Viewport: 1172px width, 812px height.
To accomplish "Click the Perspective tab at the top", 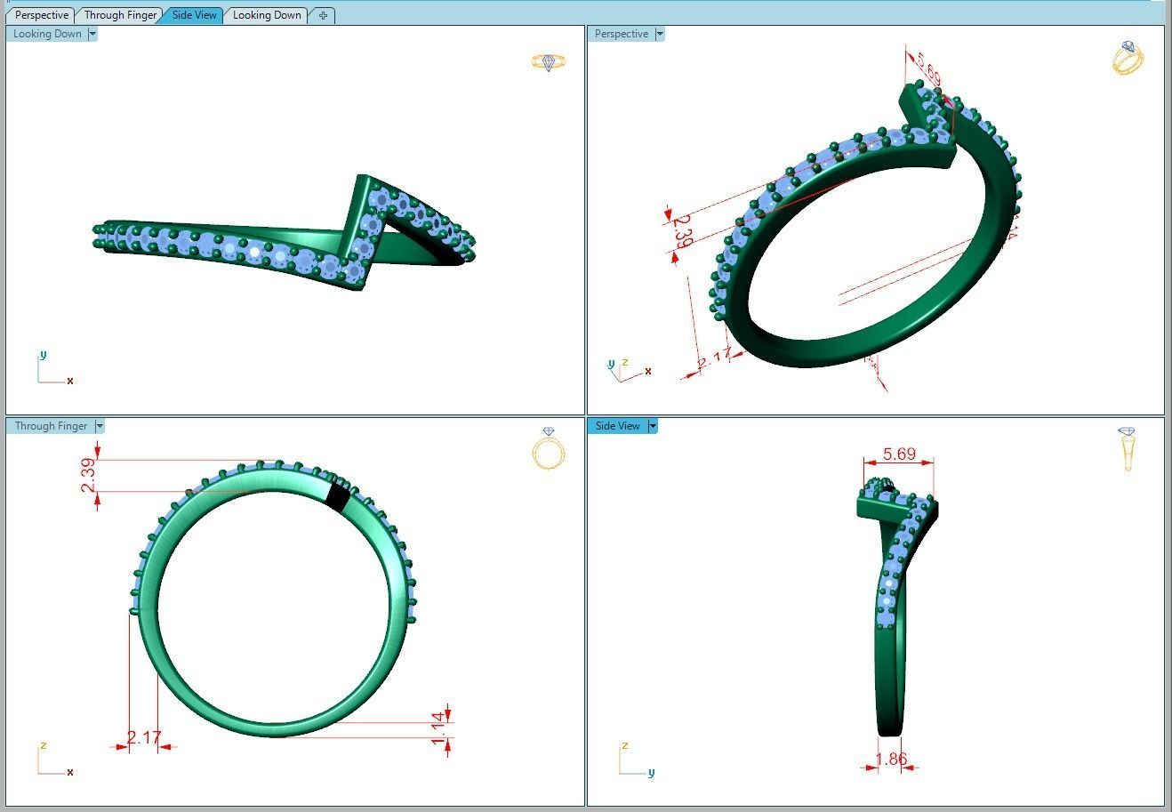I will point(42,15).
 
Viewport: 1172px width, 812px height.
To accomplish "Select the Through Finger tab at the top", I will point(120,15).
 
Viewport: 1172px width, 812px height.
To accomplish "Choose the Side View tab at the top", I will point(194,15).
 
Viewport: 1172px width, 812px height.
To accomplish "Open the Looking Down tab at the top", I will point(267,15).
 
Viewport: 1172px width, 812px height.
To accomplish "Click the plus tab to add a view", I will point(323,15).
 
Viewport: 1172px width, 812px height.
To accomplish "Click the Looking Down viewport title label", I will point(47,34).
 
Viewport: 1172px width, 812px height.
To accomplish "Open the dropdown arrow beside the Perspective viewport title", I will point(659,34).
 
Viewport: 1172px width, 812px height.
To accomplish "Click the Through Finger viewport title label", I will point(51,426).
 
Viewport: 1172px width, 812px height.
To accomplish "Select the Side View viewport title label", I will point(617,426).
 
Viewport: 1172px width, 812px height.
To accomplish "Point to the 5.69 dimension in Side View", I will point(899,454).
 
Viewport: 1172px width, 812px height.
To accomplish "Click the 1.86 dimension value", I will point(891,760).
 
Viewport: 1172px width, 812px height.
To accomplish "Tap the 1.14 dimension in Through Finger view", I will point(437,728).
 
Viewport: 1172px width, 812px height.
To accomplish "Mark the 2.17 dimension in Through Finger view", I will point(144,737).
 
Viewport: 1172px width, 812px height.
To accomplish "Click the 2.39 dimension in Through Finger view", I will point(88,475).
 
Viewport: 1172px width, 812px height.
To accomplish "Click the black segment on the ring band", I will point(337,496).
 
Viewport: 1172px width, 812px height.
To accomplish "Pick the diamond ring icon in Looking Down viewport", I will point(548,62).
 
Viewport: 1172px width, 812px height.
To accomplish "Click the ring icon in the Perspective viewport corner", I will point(1128,58).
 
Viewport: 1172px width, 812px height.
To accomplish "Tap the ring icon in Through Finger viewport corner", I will point(549,448).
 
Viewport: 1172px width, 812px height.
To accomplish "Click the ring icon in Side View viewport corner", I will point(1128,448).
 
